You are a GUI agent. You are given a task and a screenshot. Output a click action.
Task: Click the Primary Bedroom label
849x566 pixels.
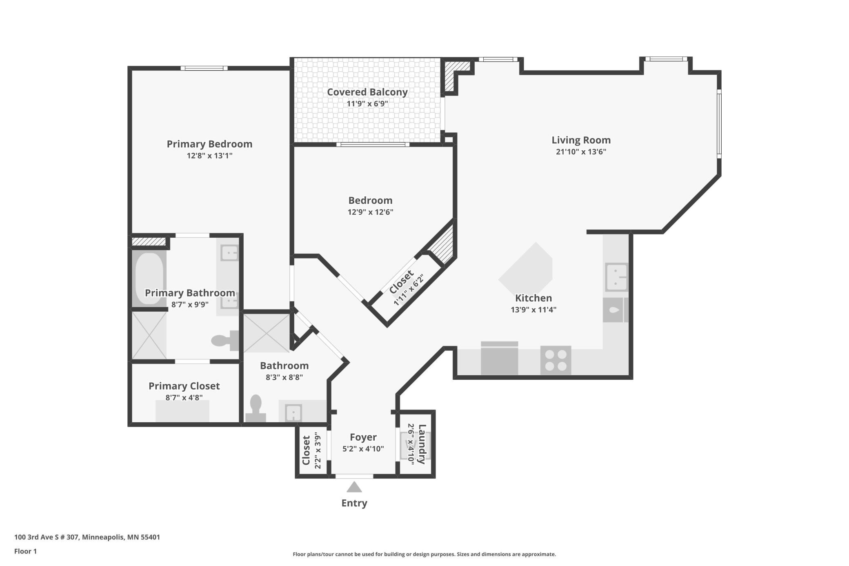[209, 144]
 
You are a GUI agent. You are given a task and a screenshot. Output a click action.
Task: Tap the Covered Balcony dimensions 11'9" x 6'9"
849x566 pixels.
[367, 104]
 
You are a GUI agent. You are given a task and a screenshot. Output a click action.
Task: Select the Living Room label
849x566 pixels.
[581, 140]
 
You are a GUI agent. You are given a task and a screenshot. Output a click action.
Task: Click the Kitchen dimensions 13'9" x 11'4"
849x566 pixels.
[533, 310]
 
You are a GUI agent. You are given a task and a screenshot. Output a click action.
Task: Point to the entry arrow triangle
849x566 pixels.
[354, 487]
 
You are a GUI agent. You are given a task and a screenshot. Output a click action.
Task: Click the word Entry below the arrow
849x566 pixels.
[354, 503]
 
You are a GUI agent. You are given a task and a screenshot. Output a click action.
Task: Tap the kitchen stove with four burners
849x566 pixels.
[556, 360]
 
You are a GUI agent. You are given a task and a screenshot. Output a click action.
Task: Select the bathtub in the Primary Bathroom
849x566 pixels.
[149, 279]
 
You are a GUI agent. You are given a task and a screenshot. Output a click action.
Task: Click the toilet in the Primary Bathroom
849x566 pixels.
[225, 340]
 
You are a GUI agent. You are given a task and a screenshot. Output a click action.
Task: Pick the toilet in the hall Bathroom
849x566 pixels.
[256, 408]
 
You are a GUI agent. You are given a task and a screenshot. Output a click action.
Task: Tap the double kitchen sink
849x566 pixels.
[616, 277]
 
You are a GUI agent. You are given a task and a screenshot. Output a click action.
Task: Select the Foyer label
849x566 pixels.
[363, 437]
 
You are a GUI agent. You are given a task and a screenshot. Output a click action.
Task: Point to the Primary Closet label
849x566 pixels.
[184, 386]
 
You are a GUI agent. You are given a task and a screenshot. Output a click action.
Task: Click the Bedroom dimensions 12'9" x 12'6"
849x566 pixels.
[371, 212]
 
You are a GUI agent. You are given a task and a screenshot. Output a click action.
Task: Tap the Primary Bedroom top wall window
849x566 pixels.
[204, 68]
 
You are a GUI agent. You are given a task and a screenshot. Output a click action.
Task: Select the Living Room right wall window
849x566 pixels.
[719, 124]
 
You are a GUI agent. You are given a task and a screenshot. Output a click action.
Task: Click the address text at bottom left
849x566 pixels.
[87, 537]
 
